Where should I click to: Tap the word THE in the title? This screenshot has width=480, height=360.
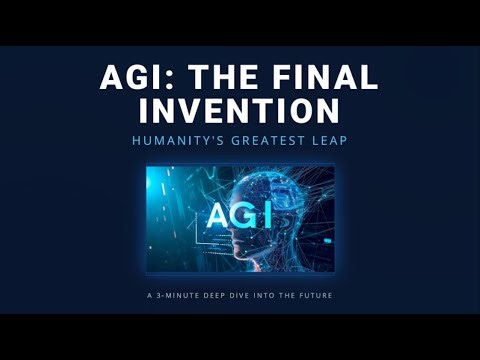click(x=209, y=78)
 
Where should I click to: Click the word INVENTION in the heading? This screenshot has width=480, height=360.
click(x=240, y=109)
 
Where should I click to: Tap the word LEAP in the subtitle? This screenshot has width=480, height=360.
click(x=329, y=141)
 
